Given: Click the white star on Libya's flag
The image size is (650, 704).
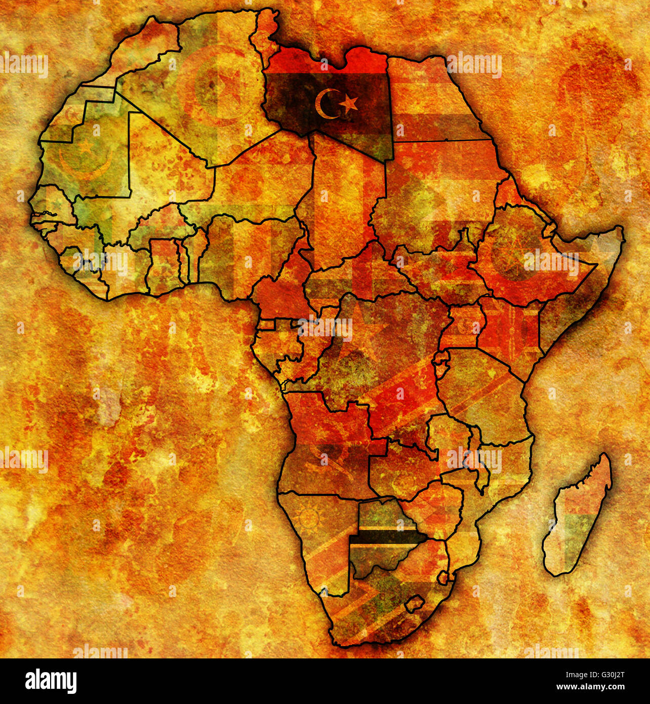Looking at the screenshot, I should coord(349,103).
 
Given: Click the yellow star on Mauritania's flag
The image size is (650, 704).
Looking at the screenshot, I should coord(87,147).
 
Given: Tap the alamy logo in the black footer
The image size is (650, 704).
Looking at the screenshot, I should coord(51,681).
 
